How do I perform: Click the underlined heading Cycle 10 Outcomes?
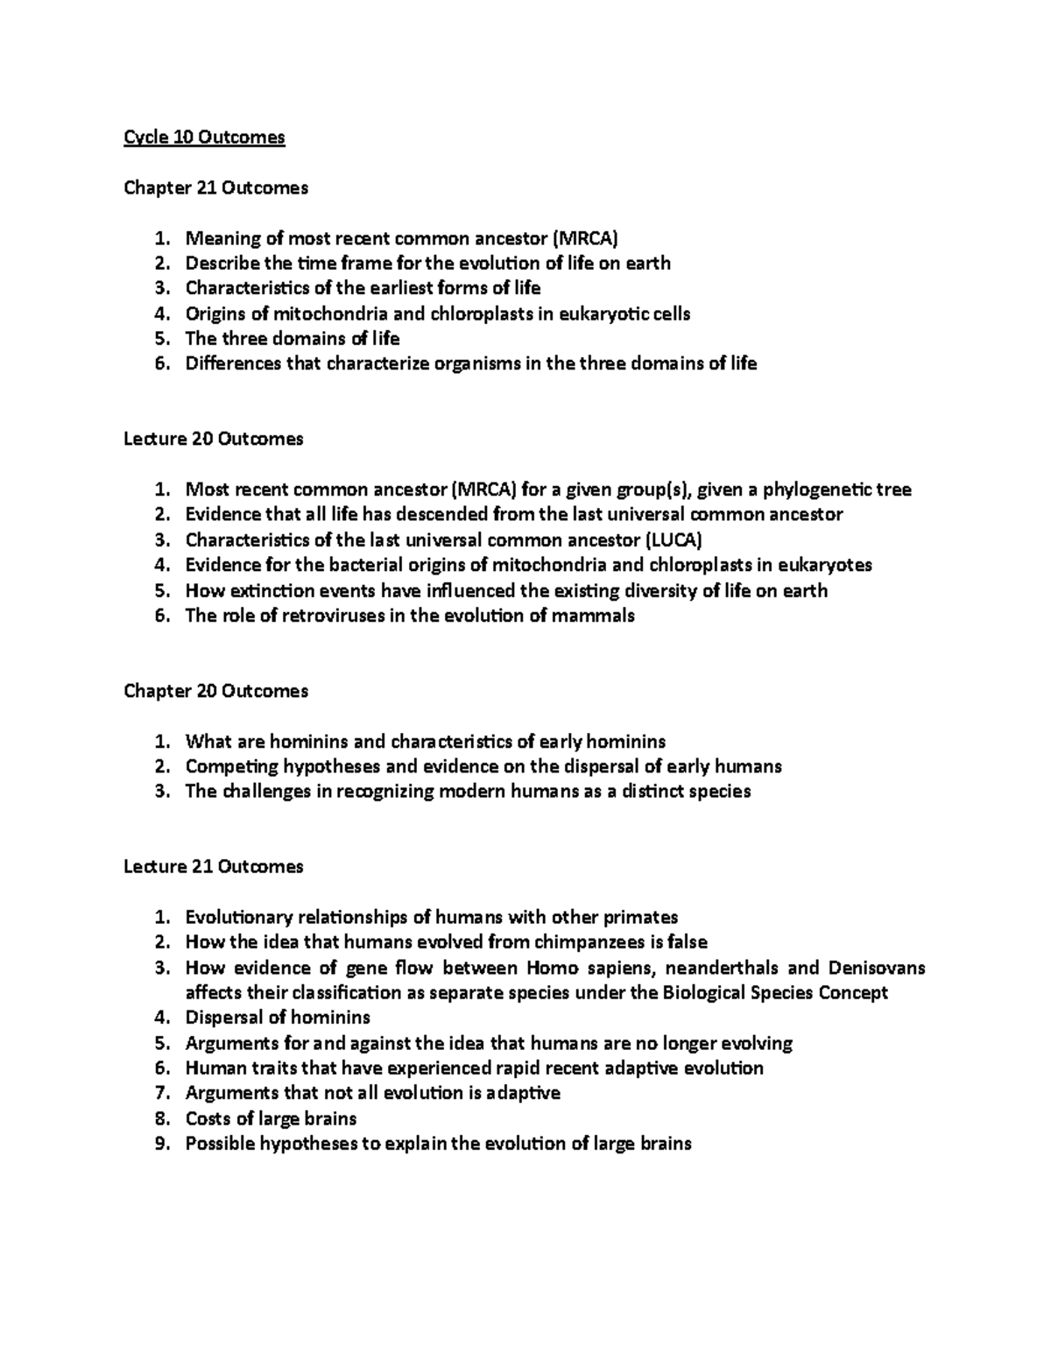pos(204,137)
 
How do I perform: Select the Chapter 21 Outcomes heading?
pos(215,187)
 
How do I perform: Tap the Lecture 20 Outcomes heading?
pos(213,439)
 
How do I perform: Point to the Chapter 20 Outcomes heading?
pos(215,691)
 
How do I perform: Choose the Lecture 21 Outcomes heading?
pos(213,866)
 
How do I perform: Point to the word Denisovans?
pos(877,968)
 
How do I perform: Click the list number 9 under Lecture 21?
pos(159,1144)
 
